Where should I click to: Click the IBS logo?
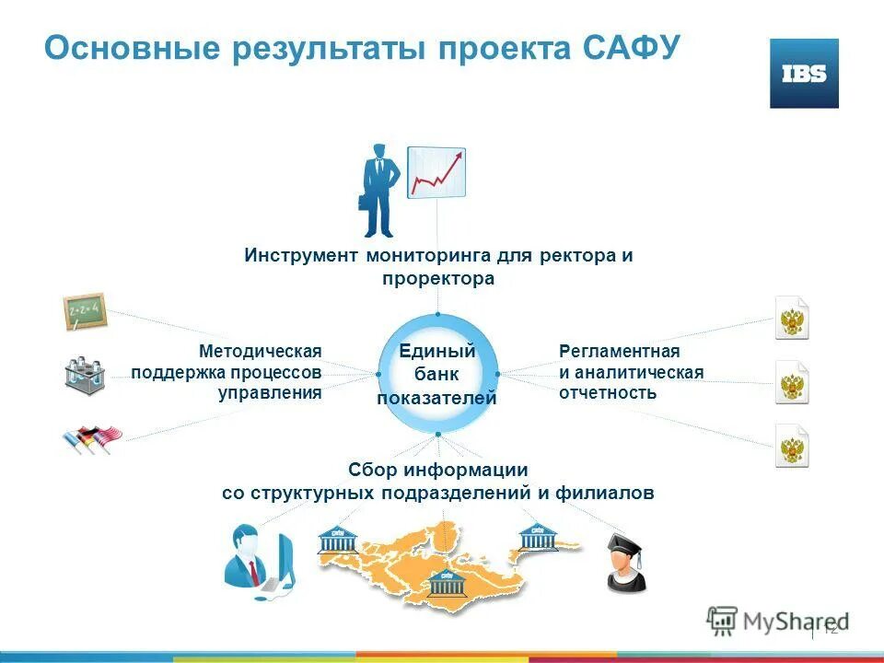click(804, 74)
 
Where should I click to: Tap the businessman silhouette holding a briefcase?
click(379, 190)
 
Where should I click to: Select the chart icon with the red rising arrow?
click(436, 172)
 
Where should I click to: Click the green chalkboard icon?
click(85, 312)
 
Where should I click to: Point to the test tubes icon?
click(85, 375)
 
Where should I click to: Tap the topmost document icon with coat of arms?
click(791, 319)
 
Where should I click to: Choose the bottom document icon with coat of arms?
click(791, 447)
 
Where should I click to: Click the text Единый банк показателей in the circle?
click(436, 375)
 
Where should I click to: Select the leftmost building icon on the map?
click(336, 540)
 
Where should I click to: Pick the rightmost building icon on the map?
click(538, 535)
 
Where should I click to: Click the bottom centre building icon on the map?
click(447, 579)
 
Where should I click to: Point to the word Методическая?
click(260, 352)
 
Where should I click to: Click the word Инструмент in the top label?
click(301, 255)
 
